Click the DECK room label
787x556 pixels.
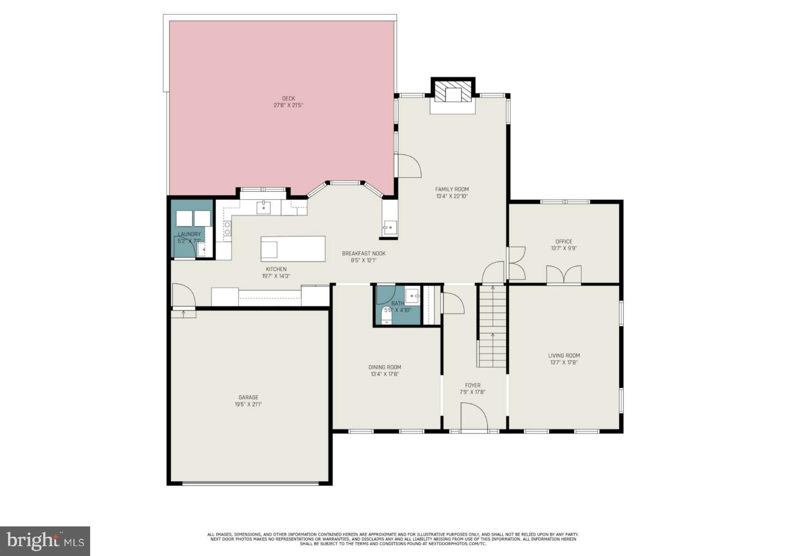288,99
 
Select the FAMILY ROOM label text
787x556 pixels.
452,189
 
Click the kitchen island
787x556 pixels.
293,249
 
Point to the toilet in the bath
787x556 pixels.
386,316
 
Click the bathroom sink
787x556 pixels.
412,296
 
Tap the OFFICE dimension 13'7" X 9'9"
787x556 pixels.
564,248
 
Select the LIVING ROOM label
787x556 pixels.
564,356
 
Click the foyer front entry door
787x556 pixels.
474,417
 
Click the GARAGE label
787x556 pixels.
248,397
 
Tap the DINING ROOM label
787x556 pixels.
385,367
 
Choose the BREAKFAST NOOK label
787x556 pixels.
364,253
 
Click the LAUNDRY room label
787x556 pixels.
189,234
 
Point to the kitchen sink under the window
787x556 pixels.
264,208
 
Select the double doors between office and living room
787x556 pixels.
564,275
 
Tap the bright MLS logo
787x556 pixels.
45,541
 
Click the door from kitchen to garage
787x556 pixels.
183,296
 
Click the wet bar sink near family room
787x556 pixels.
389,227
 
